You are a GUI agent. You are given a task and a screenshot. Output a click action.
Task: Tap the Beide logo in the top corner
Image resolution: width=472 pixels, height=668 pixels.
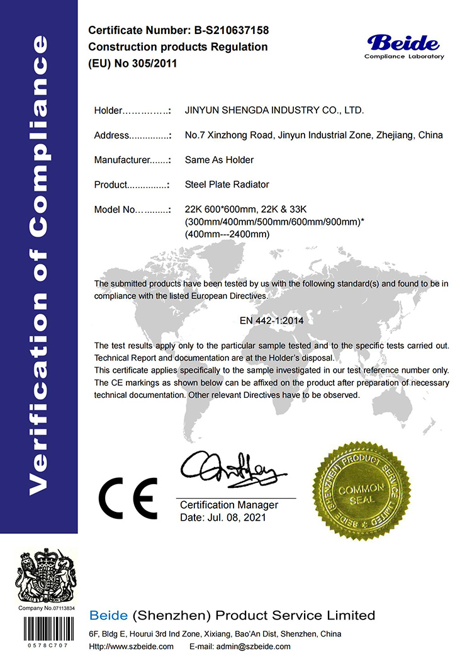(x=404, y=43)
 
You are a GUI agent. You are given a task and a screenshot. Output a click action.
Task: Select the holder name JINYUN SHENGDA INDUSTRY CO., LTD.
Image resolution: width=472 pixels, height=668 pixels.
(x=274, y=110)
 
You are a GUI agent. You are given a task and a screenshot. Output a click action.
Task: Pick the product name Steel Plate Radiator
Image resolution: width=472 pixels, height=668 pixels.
(x=227, y=184)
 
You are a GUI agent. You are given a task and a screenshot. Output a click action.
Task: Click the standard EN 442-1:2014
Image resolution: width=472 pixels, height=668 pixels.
(x=271, y=320)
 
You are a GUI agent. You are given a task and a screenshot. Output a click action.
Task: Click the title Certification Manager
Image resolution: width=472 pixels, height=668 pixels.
(x=229, y=505)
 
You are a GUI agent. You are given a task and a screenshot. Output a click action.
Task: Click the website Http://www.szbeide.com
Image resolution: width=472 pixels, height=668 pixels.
(x=131, y=647)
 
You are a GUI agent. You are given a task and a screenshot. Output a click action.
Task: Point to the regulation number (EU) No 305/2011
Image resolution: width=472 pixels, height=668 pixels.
(x=133, y=64)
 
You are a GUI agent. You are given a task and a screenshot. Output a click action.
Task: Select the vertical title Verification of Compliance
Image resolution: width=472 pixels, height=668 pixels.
(x=39, y=264)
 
